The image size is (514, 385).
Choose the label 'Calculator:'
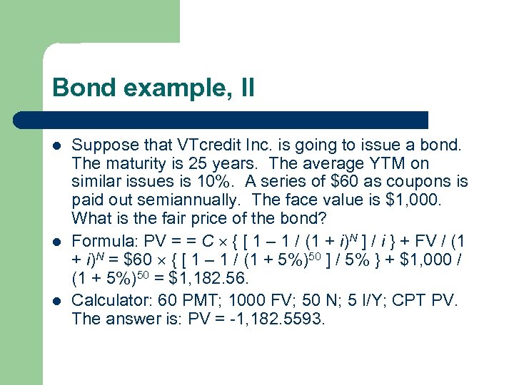[x=107, y=300]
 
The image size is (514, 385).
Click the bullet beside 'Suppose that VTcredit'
[x=56, y=146]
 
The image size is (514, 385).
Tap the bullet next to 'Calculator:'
[x=56, y=301]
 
